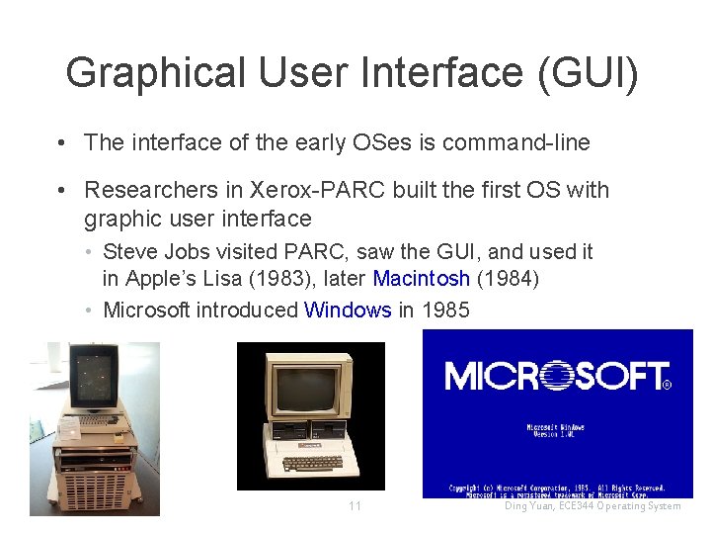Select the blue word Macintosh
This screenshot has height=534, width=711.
421,280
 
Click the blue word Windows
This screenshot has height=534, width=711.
348,311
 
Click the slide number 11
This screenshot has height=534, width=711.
355,506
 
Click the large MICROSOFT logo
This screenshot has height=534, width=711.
556,376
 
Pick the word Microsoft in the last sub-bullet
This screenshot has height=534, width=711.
146,311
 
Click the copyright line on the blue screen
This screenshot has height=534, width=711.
556,489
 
